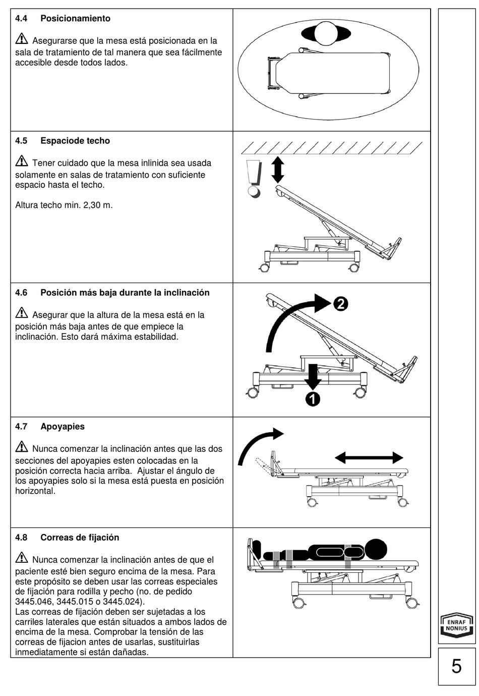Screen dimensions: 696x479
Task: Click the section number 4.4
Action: click(x=21, y=19)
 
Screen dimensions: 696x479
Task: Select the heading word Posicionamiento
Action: click(x=75, y=19)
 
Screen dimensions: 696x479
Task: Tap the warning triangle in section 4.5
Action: click(x=22, y=162)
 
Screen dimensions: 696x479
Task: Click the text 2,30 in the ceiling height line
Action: click(x=87, y=205)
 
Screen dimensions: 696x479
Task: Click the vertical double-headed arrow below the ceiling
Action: click(x=278, y=170)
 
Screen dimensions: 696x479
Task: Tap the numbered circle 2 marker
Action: click(x=340, y=304)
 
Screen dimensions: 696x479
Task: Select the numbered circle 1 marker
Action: click(x=313, y=399)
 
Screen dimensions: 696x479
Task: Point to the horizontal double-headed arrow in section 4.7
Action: click(x=369, y=458)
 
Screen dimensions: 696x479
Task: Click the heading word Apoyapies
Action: click(x=63, y=426)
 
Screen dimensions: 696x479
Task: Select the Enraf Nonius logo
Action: click(x=456, y=625)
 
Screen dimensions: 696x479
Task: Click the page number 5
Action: click(x=456, y=666)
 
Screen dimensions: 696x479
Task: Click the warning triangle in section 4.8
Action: click(x=22, y=558)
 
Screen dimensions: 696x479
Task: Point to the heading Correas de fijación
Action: click(x=80, y=538)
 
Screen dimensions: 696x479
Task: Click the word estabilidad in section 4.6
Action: click(x=154, y=337)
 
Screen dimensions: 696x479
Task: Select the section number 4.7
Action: click(x=21, y=426)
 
